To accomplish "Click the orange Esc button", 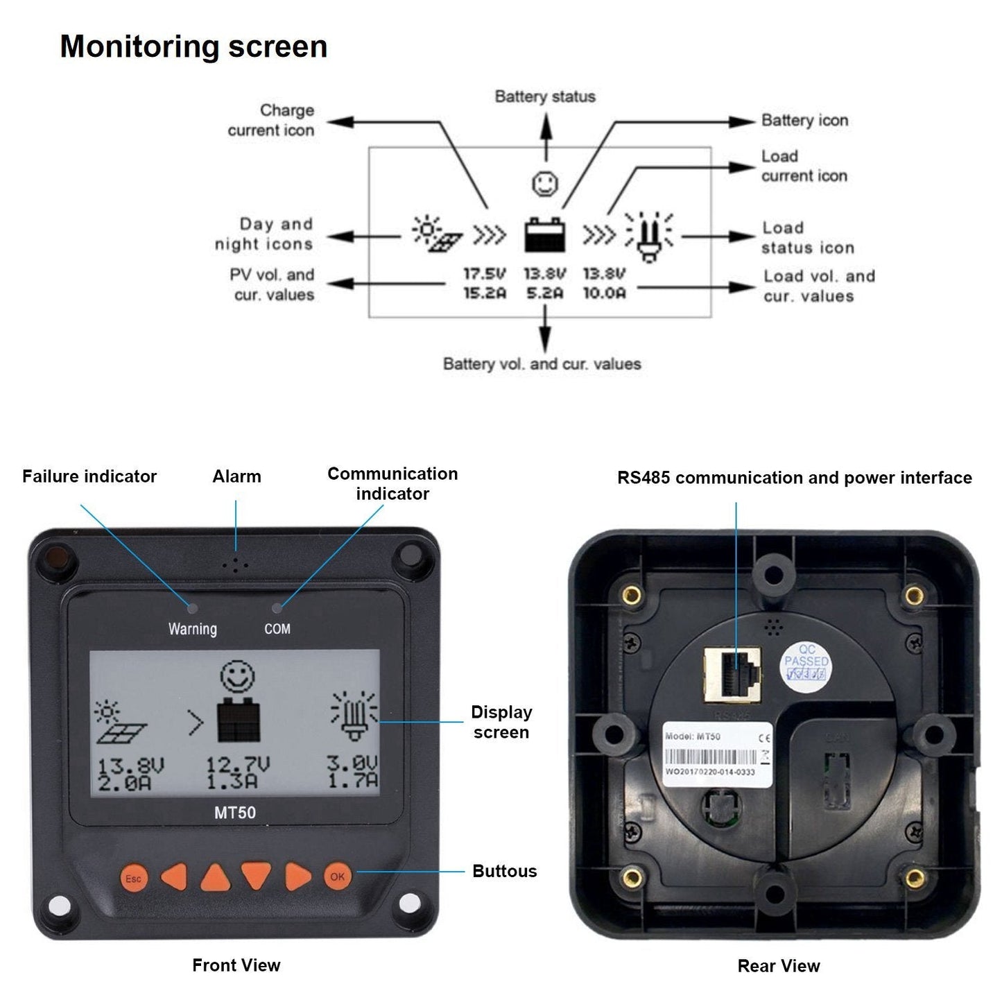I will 133,878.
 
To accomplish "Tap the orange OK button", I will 338,876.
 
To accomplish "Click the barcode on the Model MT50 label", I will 710,757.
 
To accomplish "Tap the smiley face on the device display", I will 237,676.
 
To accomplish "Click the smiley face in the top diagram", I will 545,184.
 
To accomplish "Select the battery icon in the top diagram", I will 544,234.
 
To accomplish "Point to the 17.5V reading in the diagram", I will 485,274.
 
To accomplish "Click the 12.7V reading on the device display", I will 237,765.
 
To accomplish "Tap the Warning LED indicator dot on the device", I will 193,609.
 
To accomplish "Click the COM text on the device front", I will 277,629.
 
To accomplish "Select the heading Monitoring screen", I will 193,46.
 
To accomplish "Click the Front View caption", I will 236,965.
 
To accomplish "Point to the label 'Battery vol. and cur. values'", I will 542,364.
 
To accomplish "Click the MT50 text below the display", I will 234,813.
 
